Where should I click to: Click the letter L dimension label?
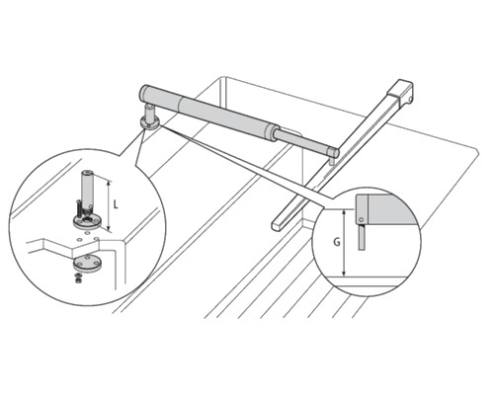click(x=116, y=204)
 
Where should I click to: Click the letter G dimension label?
click(x=337, y=242)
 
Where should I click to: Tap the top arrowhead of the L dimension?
click(x=108, y=184)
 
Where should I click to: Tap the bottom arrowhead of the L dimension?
click(x=108, y=227)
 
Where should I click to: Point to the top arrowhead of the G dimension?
click(x=344, y=213)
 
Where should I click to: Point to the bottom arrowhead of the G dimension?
click(x=344, y=273)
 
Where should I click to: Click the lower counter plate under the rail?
click(x=87, y=264)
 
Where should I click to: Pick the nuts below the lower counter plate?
click(x=78, y=278)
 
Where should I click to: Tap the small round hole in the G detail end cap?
click(x=362, y=219)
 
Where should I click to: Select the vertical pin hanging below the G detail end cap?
click(x=363, y=237)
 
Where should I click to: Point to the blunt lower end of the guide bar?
click(x=276, y=225)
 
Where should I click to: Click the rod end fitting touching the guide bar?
click(x=334, y=152)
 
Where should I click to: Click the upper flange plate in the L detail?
click(x=87, y=222)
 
